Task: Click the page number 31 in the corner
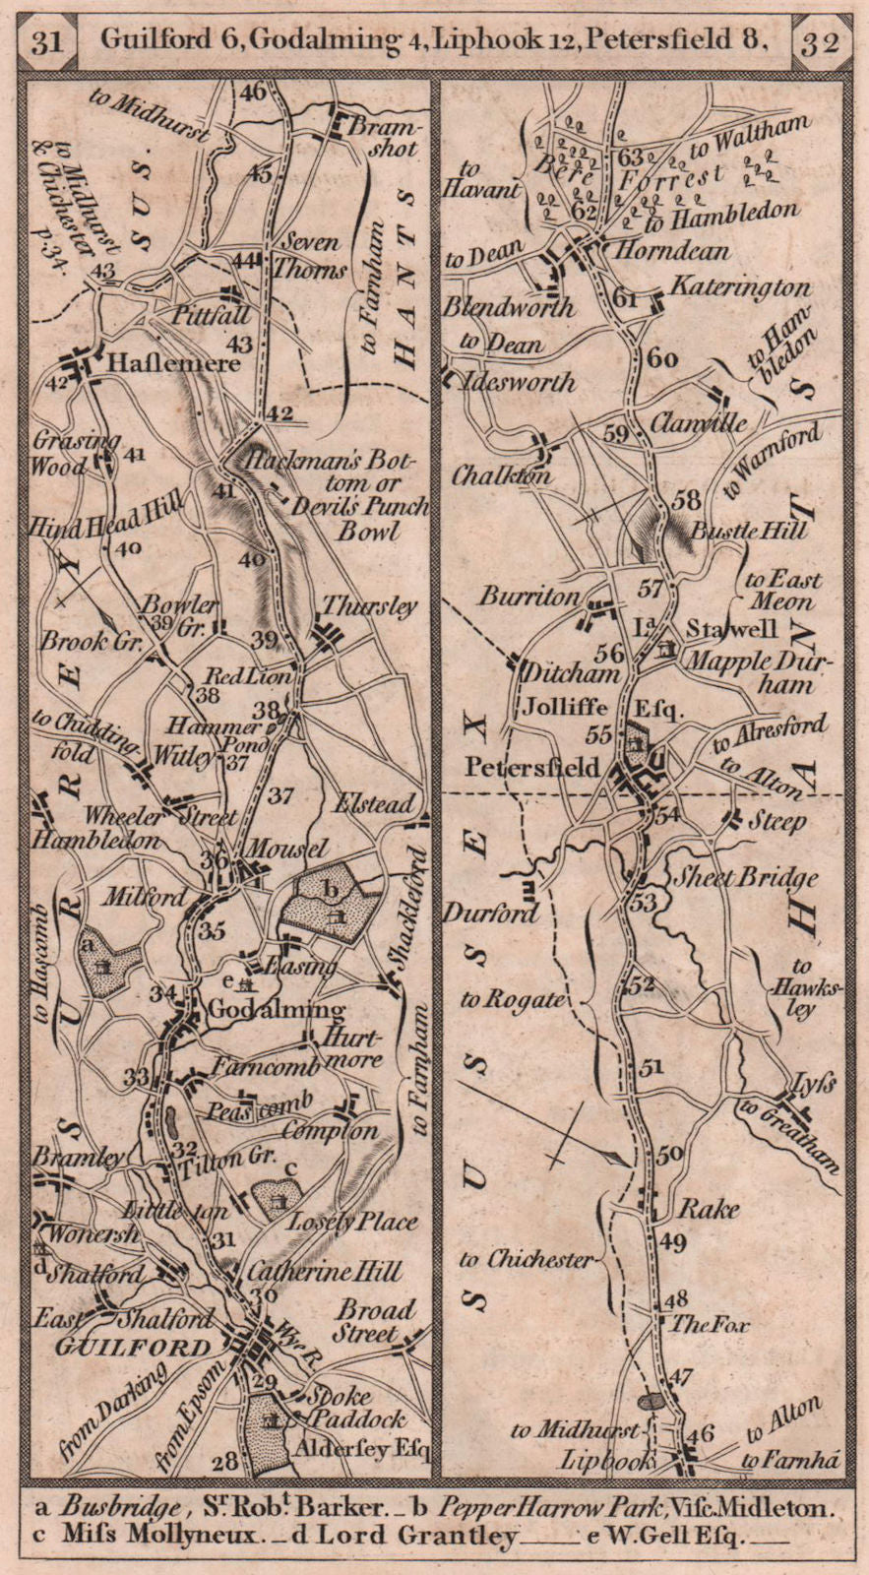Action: pyautogui.click(x=48, y=41)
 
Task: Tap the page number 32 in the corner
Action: pyautogui.click(x=820, y=42)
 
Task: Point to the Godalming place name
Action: pyautogui.click(x=278, y=1009)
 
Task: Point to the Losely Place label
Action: pyautogui.click(x=350, y=1223)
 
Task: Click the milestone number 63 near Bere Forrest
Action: pyautogui.click(x=630, y=157)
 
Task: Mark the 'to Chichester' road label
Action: pyautogui.click(x=527, y=1259)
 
